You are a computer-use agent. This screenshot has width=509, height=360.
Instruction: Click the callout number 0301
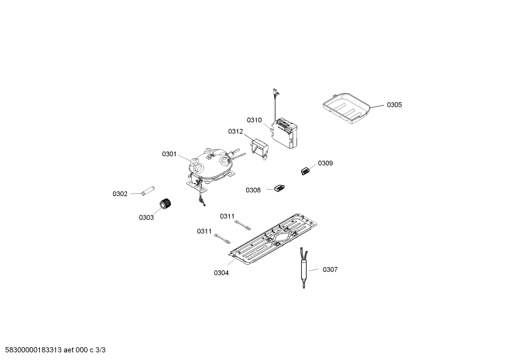click(x=169, y=154)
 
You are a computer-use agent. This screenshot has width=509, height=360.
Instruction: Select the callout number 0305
click(x=394, y=105)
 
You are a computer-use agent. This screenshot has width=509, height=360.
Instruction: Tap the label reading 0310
click(x=254, y=120)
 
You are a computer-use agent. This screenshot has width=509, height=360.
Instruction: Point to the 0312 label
click(x=235, y=131)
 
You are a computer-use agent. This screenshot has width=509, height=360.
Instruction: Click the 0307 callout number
click(x=330, y=270)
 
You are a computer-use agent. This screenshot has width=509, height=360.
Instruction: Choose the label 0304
click(x=221, y=273)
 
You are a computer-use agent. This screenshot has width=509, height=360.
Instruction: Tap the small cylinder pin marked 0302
click(x=148, y=190)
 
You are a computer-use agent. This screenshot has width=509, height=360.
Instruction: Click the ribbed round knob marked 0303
click(x=164, y=203)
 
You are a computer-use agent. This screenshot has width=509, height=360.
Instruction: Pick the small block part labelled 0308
click(x=280, y=188)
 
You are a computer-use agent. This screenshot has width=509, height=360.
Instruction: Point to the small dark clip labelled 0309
click(x=306, y=171)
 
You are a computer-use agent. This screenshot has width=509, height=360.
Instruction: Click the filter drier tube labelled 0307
click(x=304, y=268)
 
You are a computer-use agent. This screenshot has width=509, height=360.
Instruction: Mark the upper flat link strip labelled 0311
click(x=243, y=225)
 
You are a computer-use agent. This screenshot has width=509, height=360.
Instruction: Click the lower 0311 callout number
click(x=204, y=231)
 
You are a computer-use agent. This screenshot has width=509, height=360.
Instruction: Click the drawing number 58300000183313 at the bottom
click(x=34, y=350)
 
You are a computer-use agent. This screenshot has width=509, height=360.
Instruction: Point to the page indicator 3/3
click(x=101, y=350)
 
